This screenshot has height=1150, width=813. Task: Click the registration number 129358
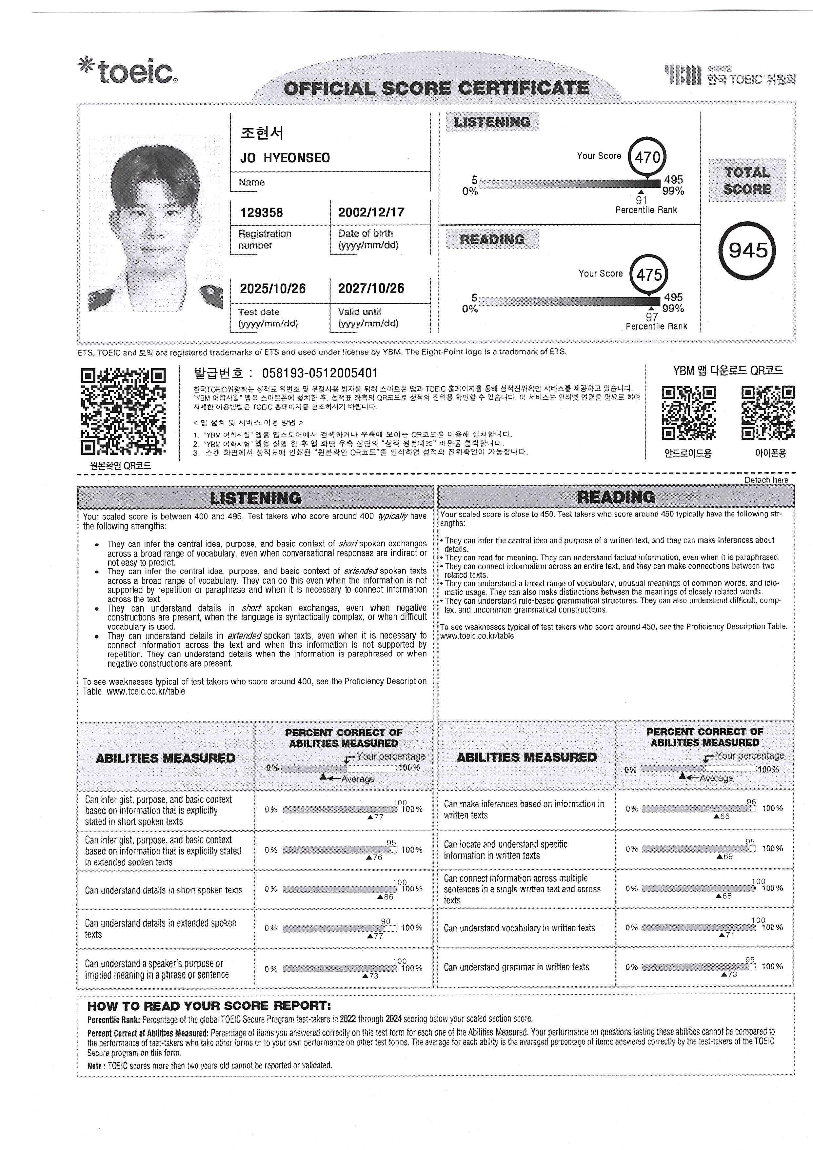coord(261,213)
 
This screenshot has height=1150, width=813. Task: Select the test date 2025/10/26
coord(272,289)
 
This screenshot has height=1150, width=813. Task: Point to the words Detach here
coord(766,480)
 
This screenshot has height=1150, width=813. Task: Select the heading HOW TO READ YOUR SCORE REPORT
coord(209,1006)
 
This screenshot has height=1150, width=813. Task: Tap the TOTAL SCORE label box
coord(746,181)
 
